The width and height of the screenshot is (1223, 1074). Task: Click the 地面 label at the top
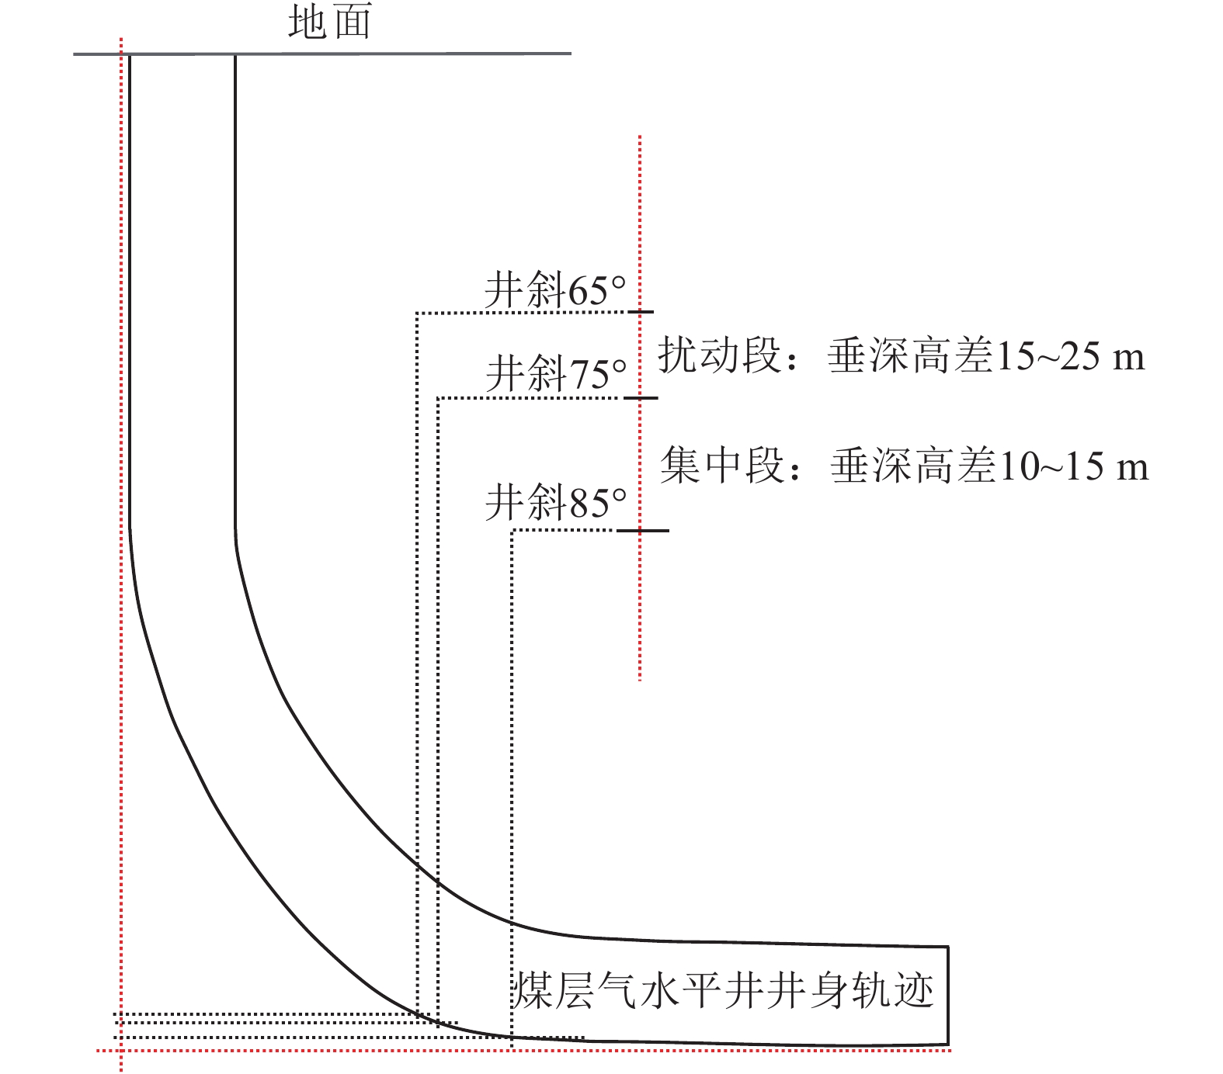330,23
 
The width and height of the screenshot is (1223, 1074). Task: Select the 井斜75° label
556,374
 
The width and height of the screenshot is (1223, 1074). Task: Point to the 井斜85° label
556,503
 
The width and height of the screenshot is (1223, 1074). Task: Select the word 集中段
721,466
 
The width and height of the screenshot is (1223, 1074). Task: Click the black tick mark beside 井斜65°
641,312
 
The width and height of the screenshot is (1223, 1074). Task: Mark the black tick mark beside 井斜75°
641,398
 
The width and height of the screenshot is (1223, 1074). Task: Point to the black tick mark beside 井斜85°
643,531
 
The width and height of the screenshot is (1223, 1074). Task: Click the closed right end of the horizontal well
947,996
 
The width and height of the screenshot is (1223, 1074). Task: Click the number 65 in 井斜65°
588,292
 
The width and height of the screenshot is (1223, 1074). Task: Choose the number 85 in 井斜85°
589,504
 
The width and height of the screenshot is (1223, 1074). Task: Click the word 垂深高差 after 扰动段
910,356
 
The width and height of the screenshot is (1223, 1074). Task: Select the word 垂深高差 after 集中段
913,466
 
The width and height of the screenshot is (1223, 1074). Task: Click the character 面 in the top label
352,23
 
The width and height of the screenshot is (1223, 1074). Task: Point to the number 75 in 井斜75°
589,375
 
